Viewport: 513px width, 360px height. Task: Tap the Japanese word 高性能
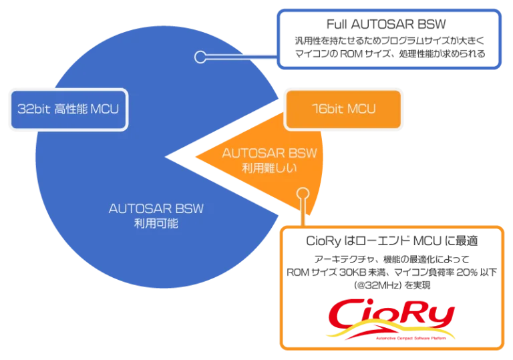tap(69, 108)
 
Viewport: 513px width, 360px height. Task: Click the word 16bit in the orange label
tap(323, 109)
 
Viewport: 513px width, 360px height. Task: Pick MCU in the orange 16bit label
tap(361, 109)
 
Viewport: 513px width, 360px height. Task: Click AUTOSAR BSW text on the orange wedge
tap(269, 153)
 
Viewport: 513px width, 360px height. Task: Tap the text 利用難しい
tap(269, 168)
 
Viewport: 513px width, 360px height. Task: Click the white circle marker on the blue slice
tap(200, 57)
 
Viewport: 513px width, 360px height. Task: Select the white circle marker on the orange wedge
tap(302, 195)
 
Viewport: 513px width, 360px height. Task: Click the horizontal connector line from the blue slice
tap(240, 57)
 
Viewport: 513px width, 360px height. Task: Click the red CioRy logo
tap(390, 317)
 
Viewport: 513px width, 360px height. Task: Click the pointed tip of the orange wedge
tap(195, 158)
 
